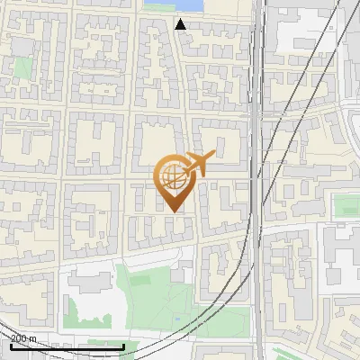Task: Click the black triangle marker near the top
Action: (x=181, y=24)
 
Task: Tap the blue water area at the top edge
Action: (x=172, y=6)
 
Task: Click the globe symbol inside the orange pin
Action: (x=171, y=175)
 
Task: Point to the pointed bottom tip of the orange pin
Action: (x=173, y=213)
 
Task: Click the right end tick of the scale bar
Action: (x=124, y=346)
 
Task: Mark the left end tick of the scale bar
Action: (x=11, y=346)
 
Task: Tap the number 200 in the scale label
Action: (x=19, y=339)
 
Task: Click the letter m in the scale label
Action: (x=33, y=339)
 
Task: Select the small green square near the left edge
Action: (x=22, y=67)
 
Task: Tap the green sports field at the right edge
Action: (x=347, y=206)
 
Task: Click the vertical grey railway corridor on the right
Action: (x=259, y=180)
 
